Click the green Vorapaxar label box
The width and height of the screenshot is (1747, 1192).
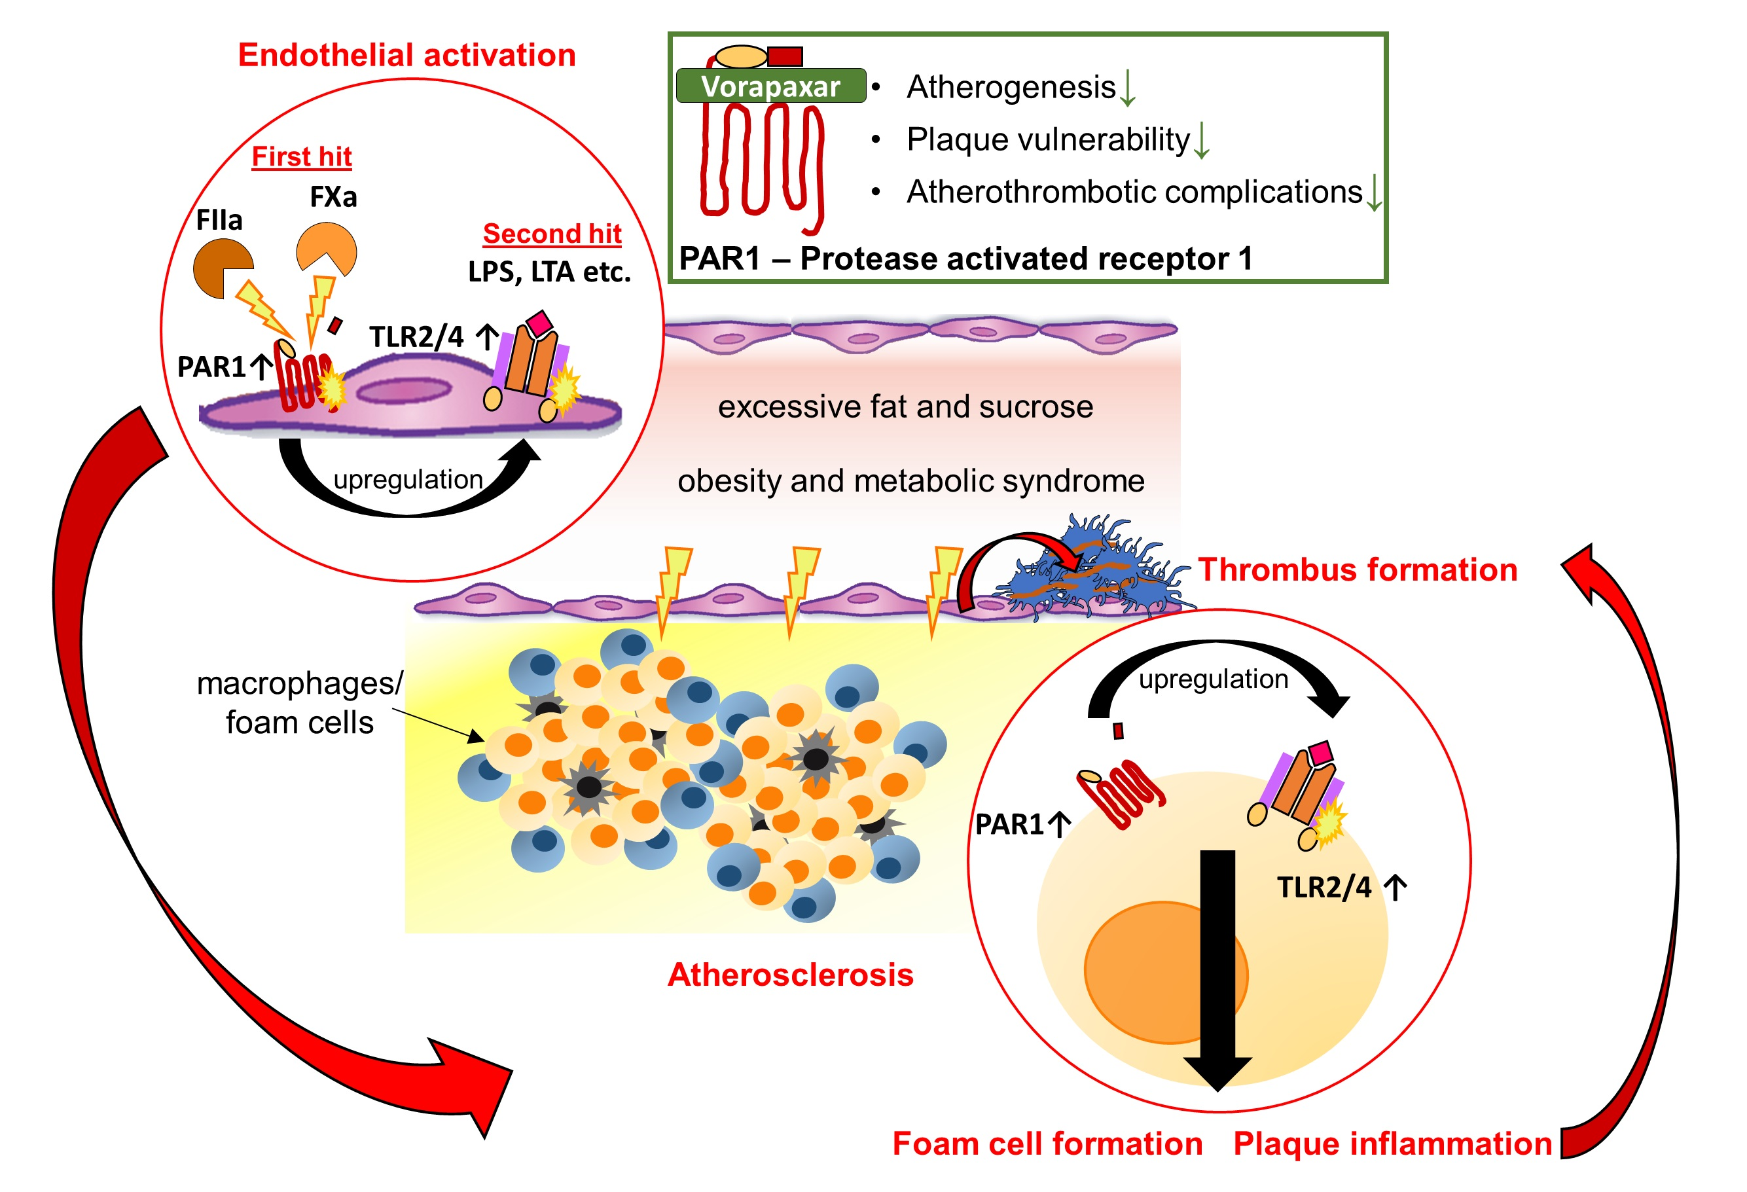(770, 86)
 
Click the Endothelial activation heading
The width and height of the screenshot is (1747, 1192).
(406, 56)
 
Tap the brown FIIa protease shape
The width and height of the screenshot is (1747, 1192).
(220, 268)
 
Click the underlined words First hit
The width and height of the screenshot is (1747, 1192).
(302, 156)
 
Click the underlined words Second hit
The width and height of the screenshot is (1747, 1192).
(552, 234)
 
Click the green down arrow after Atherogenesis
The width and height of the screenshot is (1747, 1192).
(1128, 88)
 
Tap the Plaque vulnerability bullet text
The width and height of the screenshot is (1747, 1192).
(1048, 140)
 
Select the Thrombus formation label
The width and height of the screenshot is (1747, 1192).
(1357, 569)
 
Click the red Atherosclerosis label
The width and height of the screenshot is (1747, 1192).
(790, 975)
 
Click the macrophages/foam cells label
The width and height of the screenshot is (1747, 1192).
(299, 703)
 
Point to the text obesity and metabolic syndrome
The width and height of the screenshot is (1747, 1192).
(910, 481)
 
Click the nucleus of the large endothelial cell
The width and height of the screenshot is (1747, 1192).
(404, 391)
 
